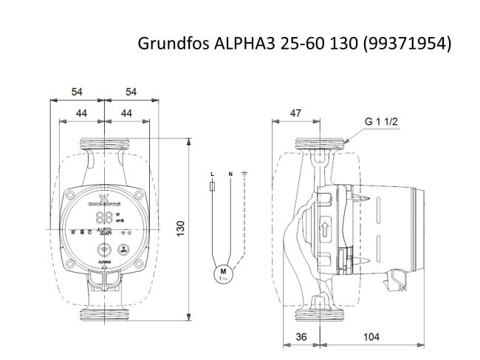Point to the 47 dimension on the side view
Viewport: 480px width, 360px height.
click(295, 112)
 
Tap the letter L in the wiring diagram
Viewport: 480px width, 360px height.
click(213, 174)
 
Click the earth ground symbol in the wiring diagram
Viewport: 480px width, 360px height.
click(245, 174)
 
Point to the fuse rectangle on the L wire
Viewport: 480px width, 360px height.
click(213, 189)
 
